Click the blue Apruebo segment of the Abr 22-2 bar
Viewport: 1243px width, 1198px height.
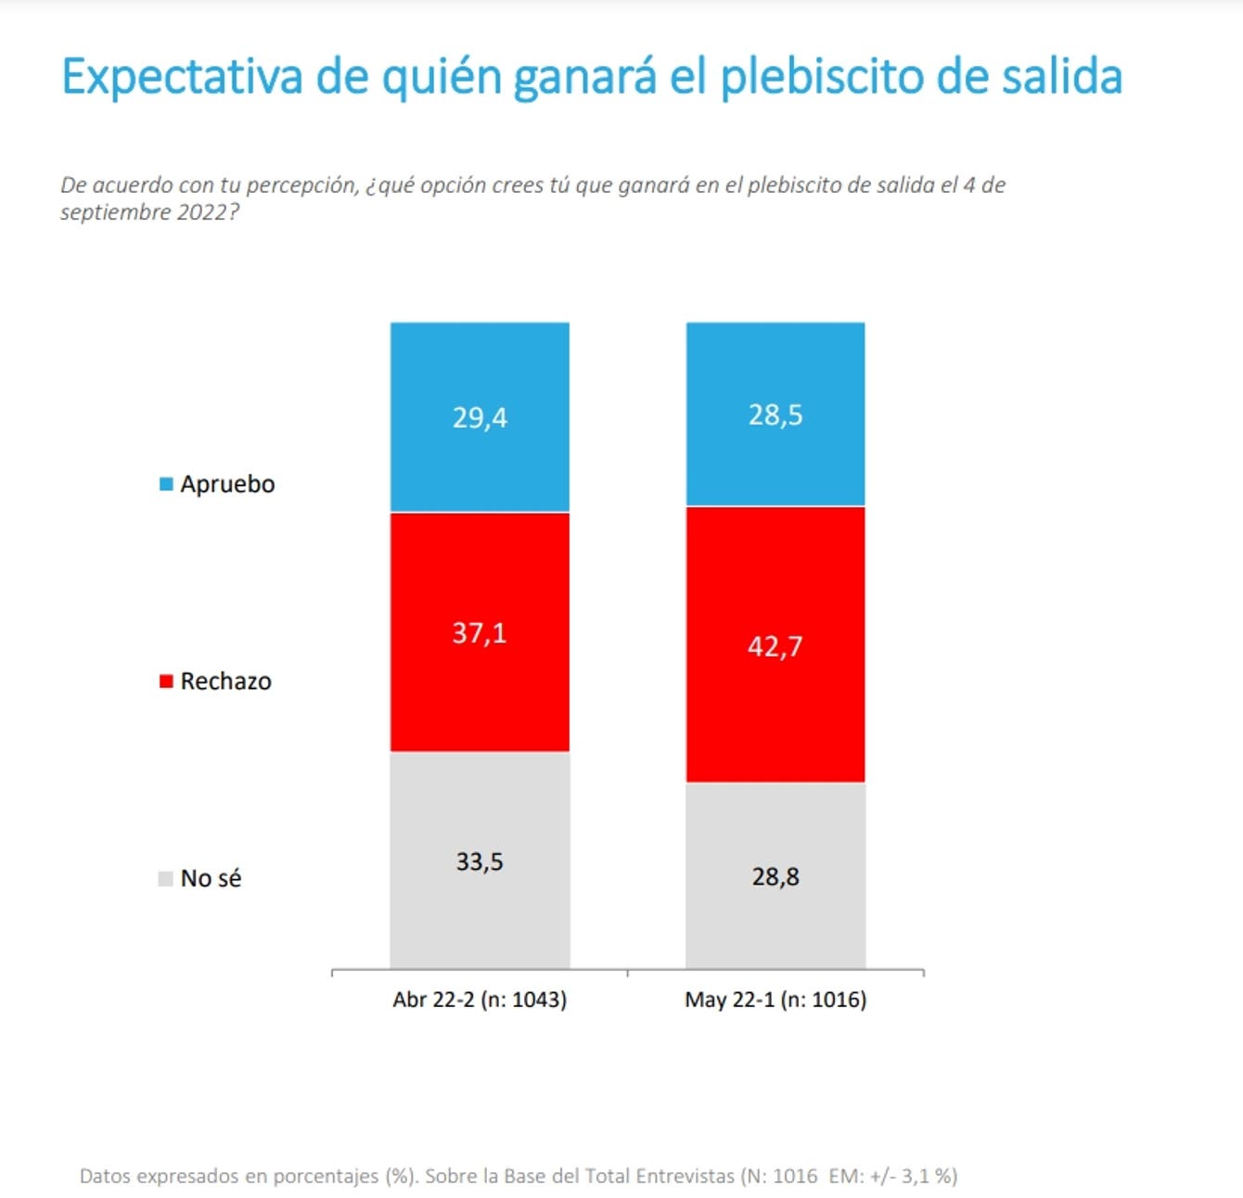click(480, 417)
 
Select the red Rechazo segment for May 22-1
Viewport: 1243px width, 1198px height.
click(775, 644)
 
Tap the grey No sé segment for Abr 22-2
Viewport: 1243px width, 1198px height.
click(480, 860)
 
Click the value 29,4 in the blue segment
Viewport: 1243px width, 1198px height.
click(480, 418)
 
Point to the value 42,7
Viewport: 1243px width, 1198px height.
click(775, 647)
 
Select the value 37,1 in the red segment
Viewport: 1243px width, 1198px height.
click(479, 633)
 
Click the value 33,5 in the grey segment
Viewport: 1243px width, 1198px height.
click(480, 862)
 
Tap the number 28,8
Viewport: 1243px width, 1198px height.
click(775, 877)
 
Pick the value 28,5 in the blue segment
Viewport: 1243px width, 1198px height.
click(775, 415)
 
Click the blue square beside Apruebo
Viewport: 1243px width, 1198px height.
click(166, 484)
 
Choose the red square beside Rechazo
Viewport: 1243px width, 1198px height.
click(166, 682)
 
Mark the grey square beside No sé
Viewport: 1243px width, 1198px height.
click(165, 879)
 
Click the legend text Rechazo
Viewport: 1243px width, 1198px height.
click(226, 682)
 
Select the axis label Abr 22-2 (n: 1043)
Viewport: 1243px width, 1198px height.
click(480, 1000)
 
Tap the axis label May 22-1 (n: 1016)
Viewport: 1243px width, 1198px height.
click(775, 1000)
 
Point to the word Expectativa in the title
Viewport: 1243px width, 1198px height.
click(183, 78)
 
